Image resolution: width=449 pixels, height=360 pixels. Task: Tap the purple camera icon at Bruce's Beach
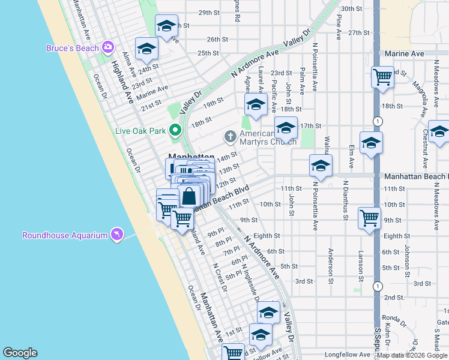pos(108,47)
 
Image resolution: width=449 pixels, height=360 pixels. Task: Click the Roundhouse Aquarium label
pos(65,235)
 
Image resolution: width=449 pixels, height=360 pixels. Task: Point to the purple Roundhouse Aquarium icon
pos(116,235)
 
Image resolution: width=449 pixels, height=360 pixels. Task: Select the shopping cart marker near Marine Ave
pos(382,77)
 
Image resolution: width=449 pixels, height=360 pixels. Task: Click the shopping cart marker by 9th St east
pos(369,218)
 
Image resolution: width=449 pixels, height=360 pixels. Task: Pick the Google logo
pos(20,353)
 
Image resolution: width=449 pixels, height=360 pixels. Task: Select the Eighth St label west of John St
pos(267,236)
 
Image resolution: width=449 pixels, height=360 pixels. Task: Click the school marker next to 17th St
pos(286,128)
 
